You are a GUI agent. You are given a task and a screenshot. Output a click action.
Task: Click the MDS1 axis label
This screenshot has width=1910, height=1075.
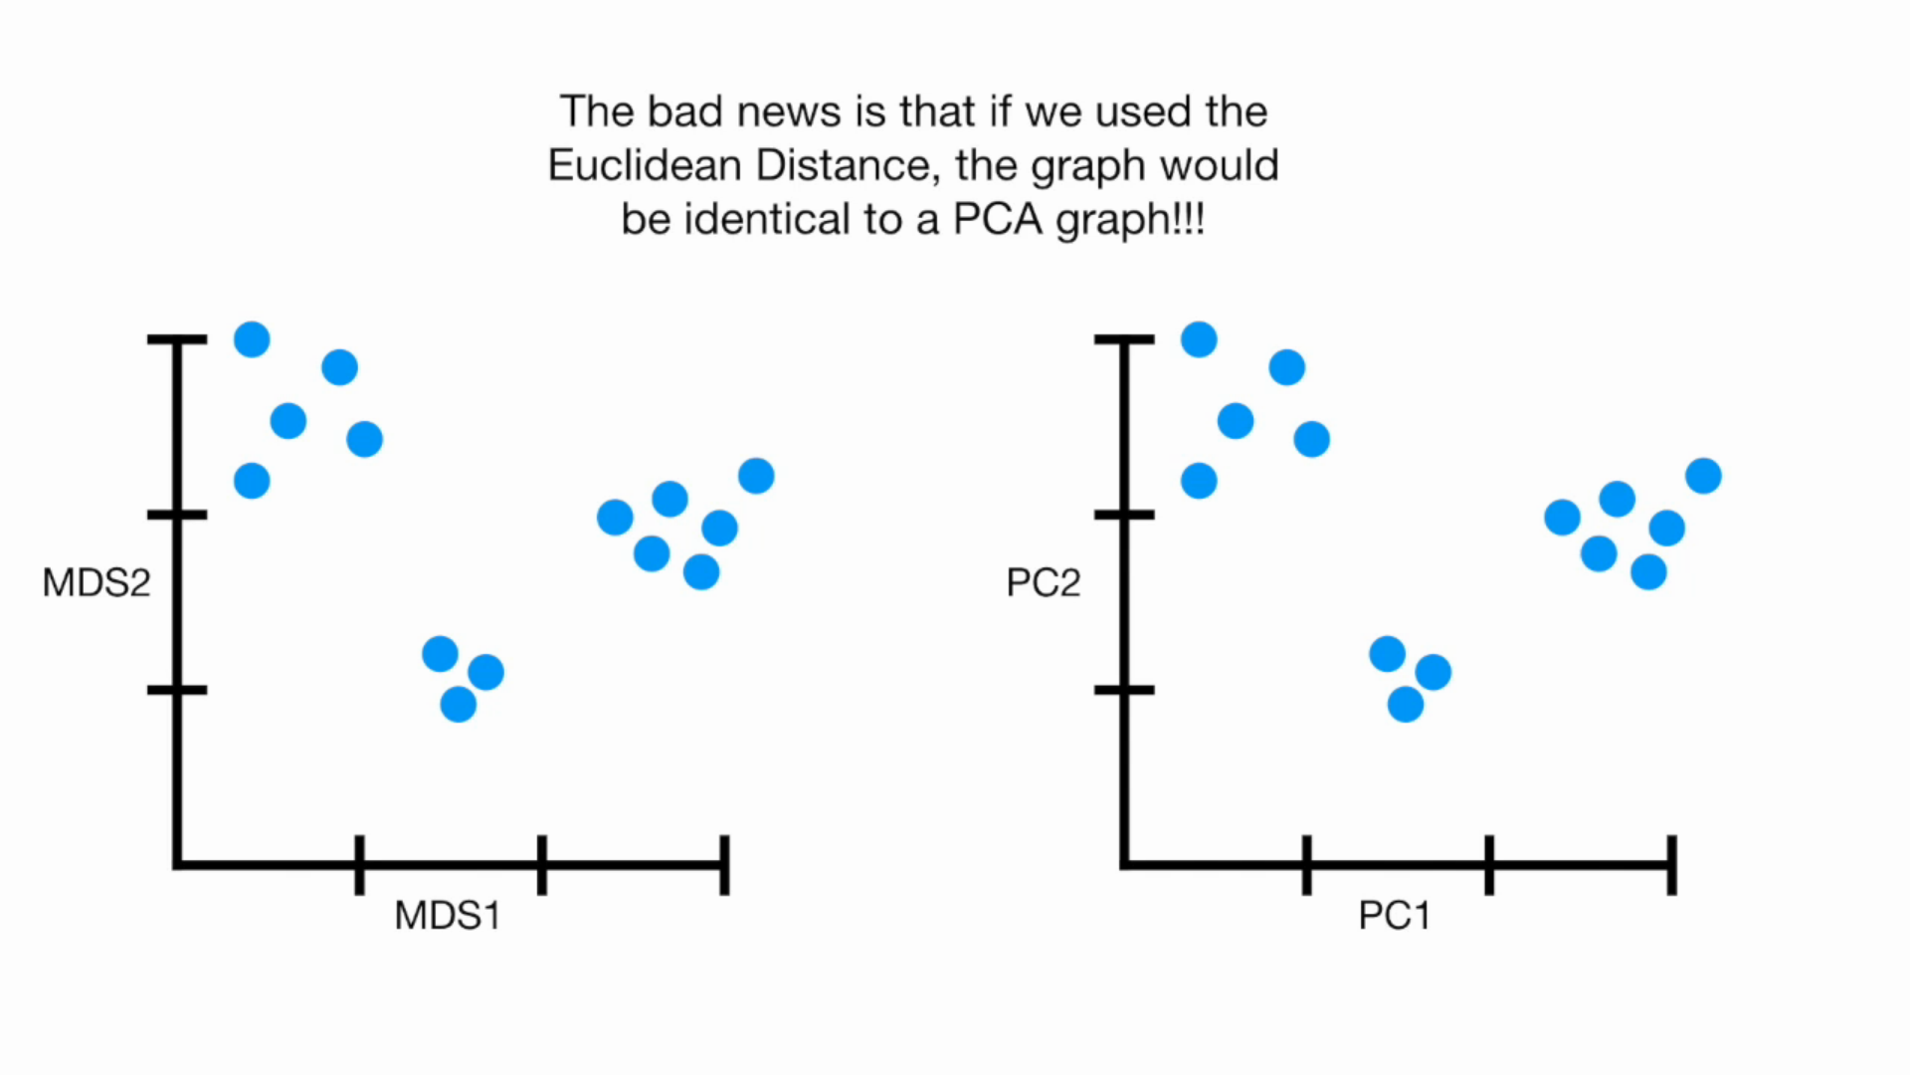click(x=447, y=916)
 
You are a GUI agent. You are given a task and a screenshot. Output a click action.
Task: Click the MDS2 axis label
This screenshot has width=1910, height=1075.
click(x=96, y=583)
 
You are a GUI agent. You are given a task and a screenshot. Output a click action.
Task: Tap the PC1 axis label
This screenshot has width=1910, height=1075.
click(x=1394, y=916)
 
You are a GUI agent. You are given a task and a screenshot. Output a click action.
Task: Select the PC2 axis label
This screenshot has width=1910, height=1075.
click(x=1043, y=583)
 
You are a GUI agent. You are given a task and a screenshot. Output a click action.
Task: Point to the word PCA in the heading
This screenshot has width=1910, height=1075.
click(x=997, y=220)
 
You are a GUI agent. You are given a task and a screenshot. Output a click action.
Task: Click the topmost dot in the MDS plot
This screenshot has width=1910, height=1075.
click(x=252, y=339)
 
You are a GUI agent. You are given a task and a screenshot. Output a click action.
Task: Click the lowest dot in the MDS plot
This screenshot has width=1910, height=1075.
click(x=458, y=705)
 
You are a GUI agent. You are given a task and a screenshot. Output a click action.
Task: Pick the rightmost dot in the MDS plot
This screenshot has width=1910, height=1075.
click(x=756, y=476)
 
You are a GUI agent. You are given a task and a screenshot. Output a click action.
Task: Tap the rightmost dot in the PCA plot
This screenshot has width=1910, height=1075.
click(x=1703, y=476)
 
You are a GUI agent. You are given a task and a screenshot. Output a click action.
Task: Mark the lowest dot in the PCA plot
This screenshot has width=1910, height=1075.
click(x=1405, y=705)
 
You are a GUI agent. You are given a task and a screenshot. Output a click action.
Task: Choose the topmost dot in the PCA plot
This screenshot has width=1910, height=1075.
click(x=1199, y=339)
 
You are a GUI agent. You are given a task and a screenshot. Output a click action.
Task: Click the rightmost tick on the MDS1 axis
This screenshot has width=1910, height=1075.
click(x=724, y=864)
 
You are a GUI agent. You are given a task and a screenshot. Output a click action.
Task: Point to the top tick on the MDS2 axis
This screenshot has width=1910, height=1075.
click(x=177, y=340)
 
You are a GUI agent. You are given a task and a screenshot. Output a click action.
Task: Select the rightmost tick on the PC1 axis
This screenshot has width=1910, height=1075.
click(x=1671, y=864)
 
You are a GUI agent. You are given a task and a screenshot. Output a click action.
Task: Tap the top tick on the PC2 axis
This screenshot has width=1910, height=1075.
click(x=1124, y=340)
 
